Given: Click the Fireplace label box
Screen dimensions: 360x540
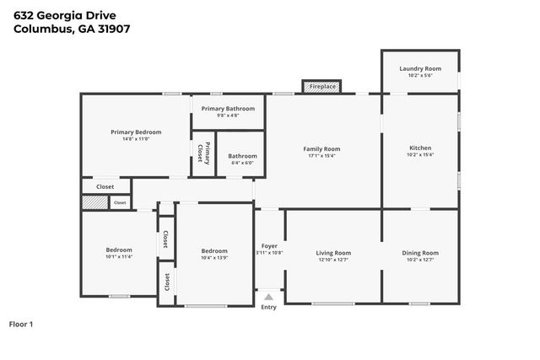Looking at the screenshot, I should pyautogui.click(x=321, y=87).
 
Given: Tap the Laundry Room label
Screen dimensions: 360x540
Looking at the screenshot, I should pyautogui.click(x=419, y=68).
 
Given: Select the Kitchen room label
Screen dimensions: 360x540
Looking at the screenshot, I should pyautogui.click(x=419, y=148).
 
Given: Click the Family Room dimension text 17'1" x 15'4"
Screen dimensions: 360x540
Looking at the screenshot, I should pyautogui.click(x=321, y=156).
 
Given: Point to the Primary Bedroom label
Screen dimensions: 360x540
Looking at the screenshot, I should pyautogui.click(x=136, y=132).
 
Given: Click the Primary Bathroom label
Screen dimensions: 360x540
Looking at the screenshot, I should pyautogui.click(x=228, y=108).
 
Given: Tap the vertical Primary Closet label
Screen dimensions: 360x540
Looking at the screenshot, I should pyautogui.click(x=200, y=153).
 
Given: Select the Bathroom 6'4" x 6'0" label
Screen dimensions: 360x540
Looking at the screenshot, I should pyautogui.click(x=242, y=155).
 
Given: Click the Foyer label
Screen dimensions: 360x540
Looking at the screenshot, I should pyautogui.click(x=269, y=245).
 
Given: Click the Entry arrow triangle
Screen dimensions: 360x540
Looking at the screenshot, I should pyautogui.click(x=269, y=296).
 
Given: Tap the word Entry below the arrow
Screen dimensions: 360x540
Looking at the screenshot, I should pyautogui.click(x=268, y=307).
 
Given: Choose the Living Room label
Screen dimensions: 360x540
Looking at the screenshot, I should pyautogui.click(x=333, y=252).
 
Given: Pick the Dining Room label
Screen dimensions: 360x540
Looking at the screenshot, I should pyautogui.click(x=419, y=252).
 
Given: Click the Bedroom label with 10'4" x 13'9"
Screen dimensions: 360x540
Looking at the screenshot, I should pyautogui.click(x=214, y=250).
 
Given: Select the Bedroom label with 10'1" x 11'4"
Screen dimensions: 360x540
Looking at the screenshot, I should pyautogui.click(x=119, y=250).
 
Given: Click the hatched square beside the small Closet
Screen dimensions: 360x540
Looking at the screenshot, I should pyautogui.click(x=94, y=202).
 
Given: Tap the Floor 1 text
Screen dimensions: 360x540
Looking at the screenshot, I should pyautogui.click(x=20, y=323).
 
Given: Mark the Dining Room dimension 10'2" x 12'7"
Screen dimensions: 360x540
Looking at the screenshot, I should pyautogui.click(x=419, y=260).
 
